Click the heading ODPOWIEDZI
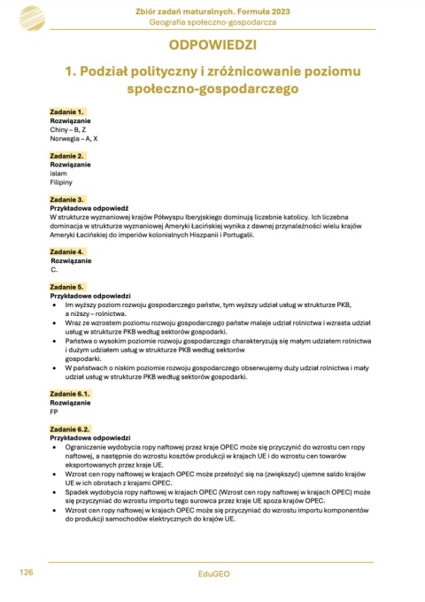point(212,43)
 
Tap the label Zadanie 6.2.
point(71,428)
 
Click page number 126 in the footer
point(26,573)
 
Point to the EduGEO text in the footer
point(212,575)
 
